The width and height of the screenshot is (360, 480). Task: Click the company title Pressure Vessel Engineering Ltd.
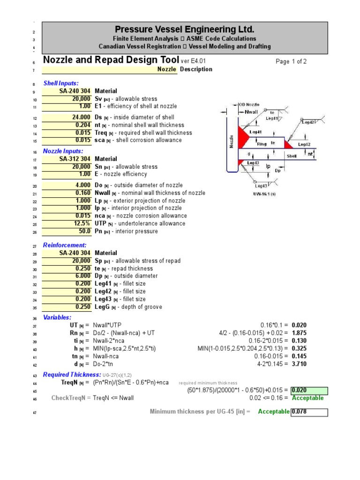coord(184,29)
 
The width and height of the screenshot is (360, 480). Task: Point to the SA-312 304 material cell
coord(75,159)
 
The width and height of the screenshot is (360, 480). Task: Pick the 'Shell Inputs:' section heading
coord(61,83)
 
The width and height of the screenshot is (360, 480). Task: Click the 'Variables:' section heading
coord(57,317)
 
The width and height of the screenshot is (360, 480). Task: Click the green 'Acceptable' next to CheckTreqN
coord(307,398)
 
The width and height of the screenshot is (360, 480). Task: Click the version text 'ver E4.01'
coord(193,61)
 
